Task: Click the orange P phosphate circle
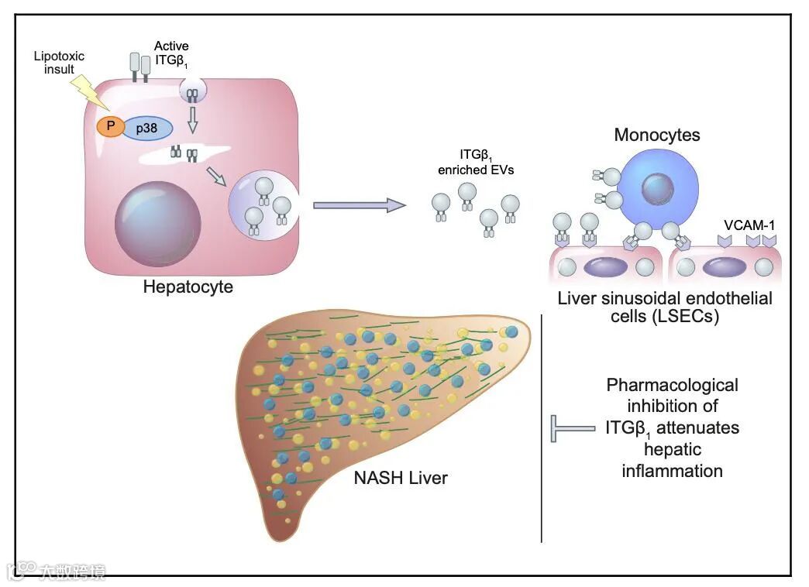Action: (108, 125)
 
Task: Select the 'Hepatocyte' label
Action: (188, 287)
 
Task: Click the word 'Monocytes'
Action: (657, 135)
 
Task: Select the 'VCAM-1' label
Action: (748, 225)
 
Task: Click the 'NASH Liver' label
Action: (401, 478)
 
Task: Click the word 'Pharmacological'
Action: (672, 385)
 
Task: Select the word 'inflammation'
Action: (672, 470)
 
